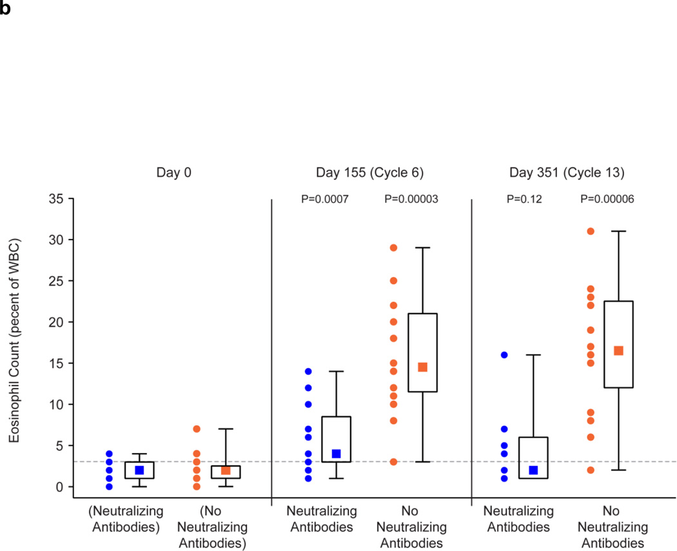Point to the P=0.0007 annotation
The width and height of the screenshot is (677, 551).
[x=325, y=200]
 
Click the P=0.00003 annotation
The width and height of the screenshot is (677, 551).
[x=411, y=200]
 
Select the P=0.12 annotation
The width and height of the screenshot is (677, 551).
[x=524, y=200]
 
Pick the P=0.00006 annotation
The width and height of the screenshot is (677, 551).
[x=607, y=200]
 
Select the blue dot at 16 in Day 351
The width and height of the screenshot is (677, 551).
[x=504, y=354]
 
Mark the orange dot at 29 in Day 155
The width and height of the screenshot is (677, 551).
[x=393, y=247]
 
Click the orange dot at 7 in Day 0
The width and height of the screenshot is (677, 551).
[x=197, y=429]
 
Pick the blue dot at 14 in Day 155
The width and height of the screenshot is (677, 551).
[x=308, y=371]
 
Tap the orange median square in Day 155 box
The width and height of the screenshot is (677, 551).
[x=422, y=367]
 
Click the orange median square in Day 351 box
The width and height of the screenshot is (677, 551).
[x=618, y=351]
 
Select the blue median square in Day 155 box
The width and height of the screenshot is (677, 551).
[x=336, y=454]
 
